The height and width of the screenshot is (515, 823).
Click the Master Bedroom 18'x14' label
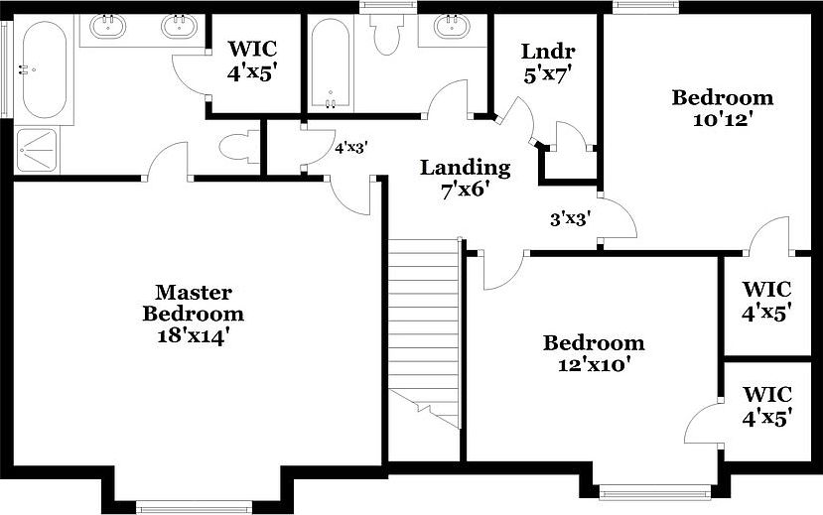(194, 314)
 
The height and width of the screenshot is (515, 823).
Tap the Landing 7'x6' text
(465, 179)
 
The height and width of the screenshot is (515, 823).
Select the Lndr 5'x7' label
(548, 62)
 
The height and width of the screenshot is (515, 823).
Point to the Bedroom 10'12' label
(722, 108)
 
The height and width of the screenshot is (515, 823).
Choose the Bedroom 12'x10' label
(593, 353)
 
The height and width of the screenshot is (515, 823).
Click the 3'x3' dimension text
(571, 219)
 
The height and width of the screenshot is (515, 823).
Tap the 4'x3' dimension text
(351, 147)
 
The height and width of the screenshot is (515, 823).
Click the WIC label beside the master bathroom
(253, 60)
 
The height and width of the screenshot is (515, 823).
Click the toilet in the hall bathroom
(383, 35)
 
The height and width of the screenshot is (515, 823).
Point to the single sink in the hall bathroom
(452, 27)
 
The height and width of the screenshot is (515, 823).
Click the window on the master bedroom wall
(188, 507)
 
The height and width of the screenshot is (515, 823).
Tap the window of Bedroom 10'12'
(644, 7)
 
